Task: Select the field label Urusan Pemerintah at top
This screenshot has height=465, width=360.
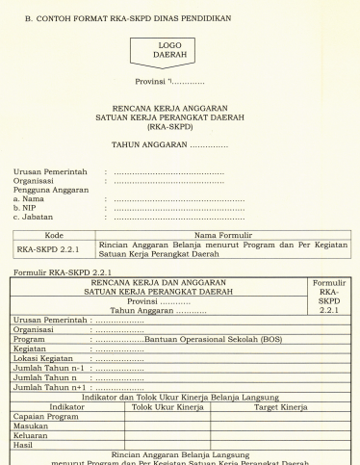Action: coord(49,171)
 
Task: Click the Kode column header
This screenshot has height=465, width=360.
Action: coord(54,234)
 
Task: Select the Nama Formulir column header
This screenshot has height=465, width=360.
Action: coord(222,234)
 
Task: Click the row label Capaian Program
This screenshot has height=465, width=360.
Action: coord(45,417)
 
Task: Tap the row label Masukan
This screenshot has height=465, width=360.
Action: coord(32,426)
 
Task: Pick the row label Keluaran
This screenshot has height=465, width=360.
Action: coord(33,436)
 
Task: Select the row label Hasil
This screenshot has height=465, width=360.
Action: coord(25,446)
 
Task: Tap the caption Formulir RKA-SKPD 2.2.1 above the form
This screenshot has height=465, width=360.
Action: coord(61,271)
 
